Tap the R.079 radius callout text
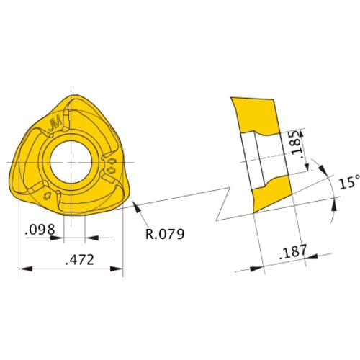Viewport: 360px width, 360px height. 166,234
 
